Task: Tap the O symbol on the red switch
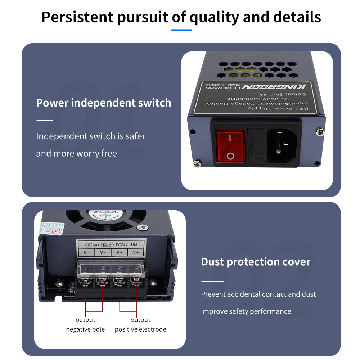230,156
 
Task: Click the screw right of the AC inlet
320,132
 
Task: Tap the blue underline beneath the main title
181,30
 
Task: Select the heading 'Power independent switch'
104,103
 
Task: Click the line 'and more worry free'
76,153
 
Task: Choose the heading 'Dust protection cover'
256,262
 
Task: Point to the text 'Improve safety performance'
246,311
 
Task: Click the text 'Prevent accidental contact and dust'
258,294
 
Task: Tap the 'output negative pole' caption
85,324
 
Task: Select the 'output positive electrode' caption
140,324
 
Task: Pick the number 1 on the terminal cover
85,268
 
